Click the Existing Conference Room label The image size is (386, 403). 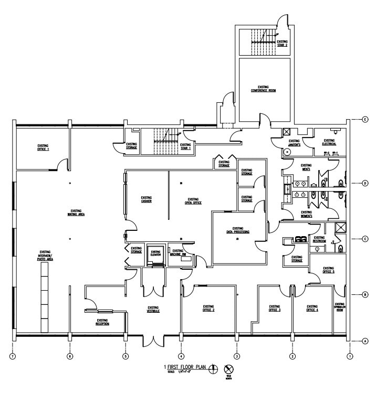coord(263,89)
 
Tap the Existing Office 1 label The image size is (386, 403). coord(43,148)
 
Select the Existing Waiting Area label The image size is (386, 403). coord(76,213)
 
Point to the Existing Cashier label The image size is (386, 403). coord(146,200)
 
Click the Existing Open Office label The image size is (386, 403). coord(193,200)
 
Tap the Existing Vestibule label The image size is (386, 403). coord(153,310)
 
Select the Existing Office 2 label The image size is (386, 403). coord(208,309)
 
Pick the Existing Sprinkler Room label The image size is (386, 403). coord(340,307)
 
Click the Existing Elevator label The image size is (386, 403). coord(155,253)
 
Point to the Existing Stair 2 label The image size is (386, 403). coord(282,43)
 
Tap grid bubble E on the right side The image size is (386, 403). coord(364,120)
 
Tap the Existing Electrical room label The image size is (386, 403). coord(329,142)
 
